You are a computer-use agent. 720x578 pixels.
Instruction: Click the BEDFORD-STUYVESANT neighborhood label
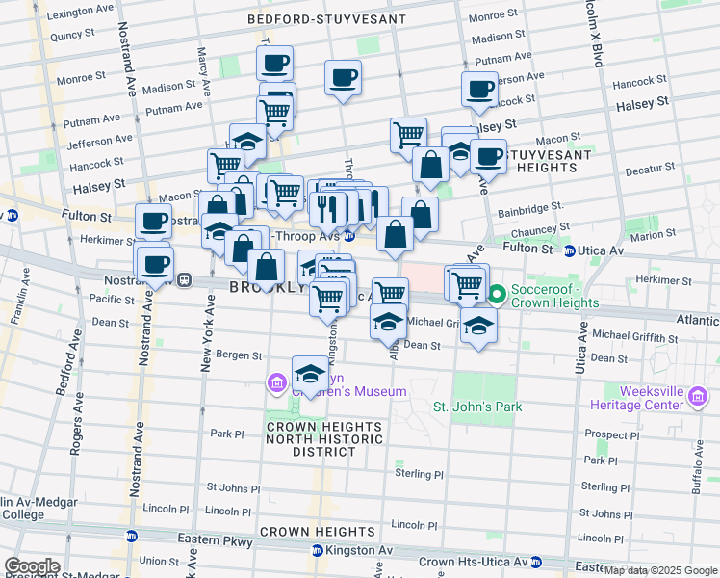326,18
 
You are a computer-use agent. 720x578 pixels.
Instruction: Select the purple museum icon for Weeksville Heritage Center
698,396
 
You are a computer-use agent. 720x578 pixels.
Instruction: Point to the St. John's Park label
477,407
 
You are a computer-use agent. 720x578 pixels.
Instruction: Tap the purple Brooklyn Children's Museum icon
278,384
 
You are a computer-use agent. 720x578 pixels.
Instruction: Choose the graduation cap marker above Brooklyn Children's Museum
310,373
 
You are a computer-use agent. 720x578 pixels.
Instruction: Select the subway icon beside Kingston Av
318,551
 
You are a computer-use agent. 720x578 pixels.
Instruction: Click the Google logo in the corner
32,566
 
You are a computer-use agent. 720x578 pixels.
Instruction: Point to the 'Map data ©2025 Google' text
660,570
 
